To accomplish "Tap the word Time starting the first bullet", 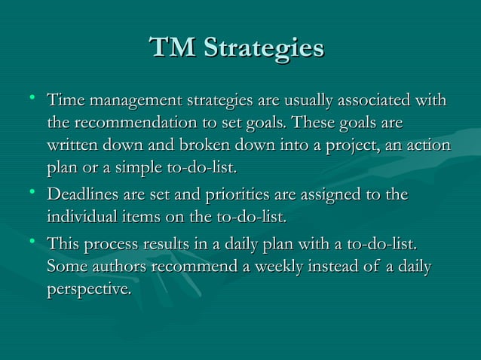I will click(x=63, y=100).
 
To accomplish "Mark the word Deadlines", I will click(x=84, y=196).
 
